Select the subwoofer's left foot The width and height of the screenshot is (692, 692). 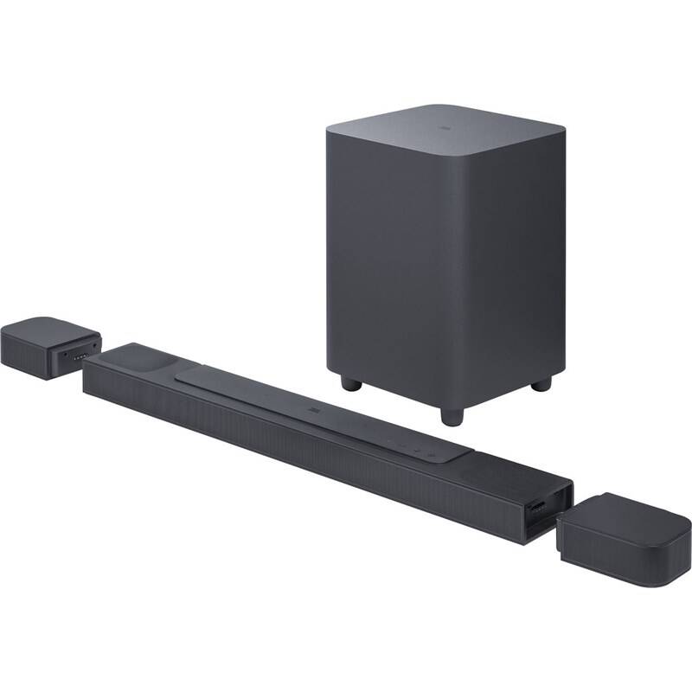(349, 381)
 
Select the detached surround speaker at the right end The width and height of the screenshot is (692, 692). (625, 539)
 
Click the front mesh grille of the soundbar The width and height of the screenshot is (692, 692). (303, 450)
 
